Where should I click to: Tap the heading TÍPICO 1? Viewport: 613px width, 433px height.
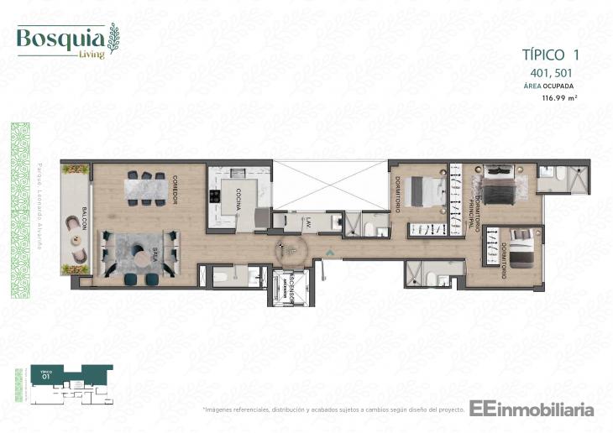tap(550, 56)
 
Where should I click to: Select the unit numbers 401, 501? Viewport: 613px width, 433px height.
tap(550, 73)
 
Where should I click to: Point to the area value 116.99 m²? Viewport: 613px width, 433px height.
tap(560, 98)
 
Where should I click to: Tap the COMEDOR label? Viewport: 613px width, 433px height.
tap(174, 188)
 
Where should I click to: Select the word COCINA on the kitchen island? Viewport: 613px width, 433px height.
tap(239, 199)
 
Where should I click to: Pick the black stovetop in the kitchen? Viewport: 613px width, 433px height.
tap(215, 198)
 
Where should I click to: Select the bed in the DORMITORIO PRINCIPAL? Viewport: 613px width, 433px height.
tap(502, 185)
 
